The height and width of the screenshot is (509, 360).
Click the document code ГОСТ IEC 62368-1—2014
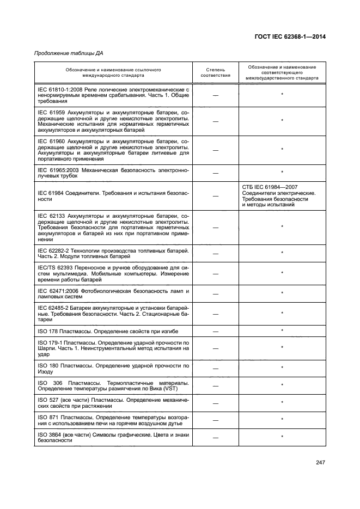(294, 37)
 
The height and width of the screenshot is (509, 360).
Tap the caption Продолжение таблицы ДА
(69, 53)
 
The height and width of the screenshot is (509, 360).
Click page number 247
(320, 463)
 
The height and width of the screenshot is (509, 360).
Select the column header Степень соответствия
(216, 73)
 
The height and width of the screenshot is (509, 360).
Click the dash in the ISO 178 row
(216, 331)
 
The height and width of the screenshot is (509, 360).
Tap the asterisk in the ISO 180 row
(282, 368)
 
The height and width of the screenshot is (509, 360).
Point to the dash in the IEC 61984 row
(216, 196)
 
